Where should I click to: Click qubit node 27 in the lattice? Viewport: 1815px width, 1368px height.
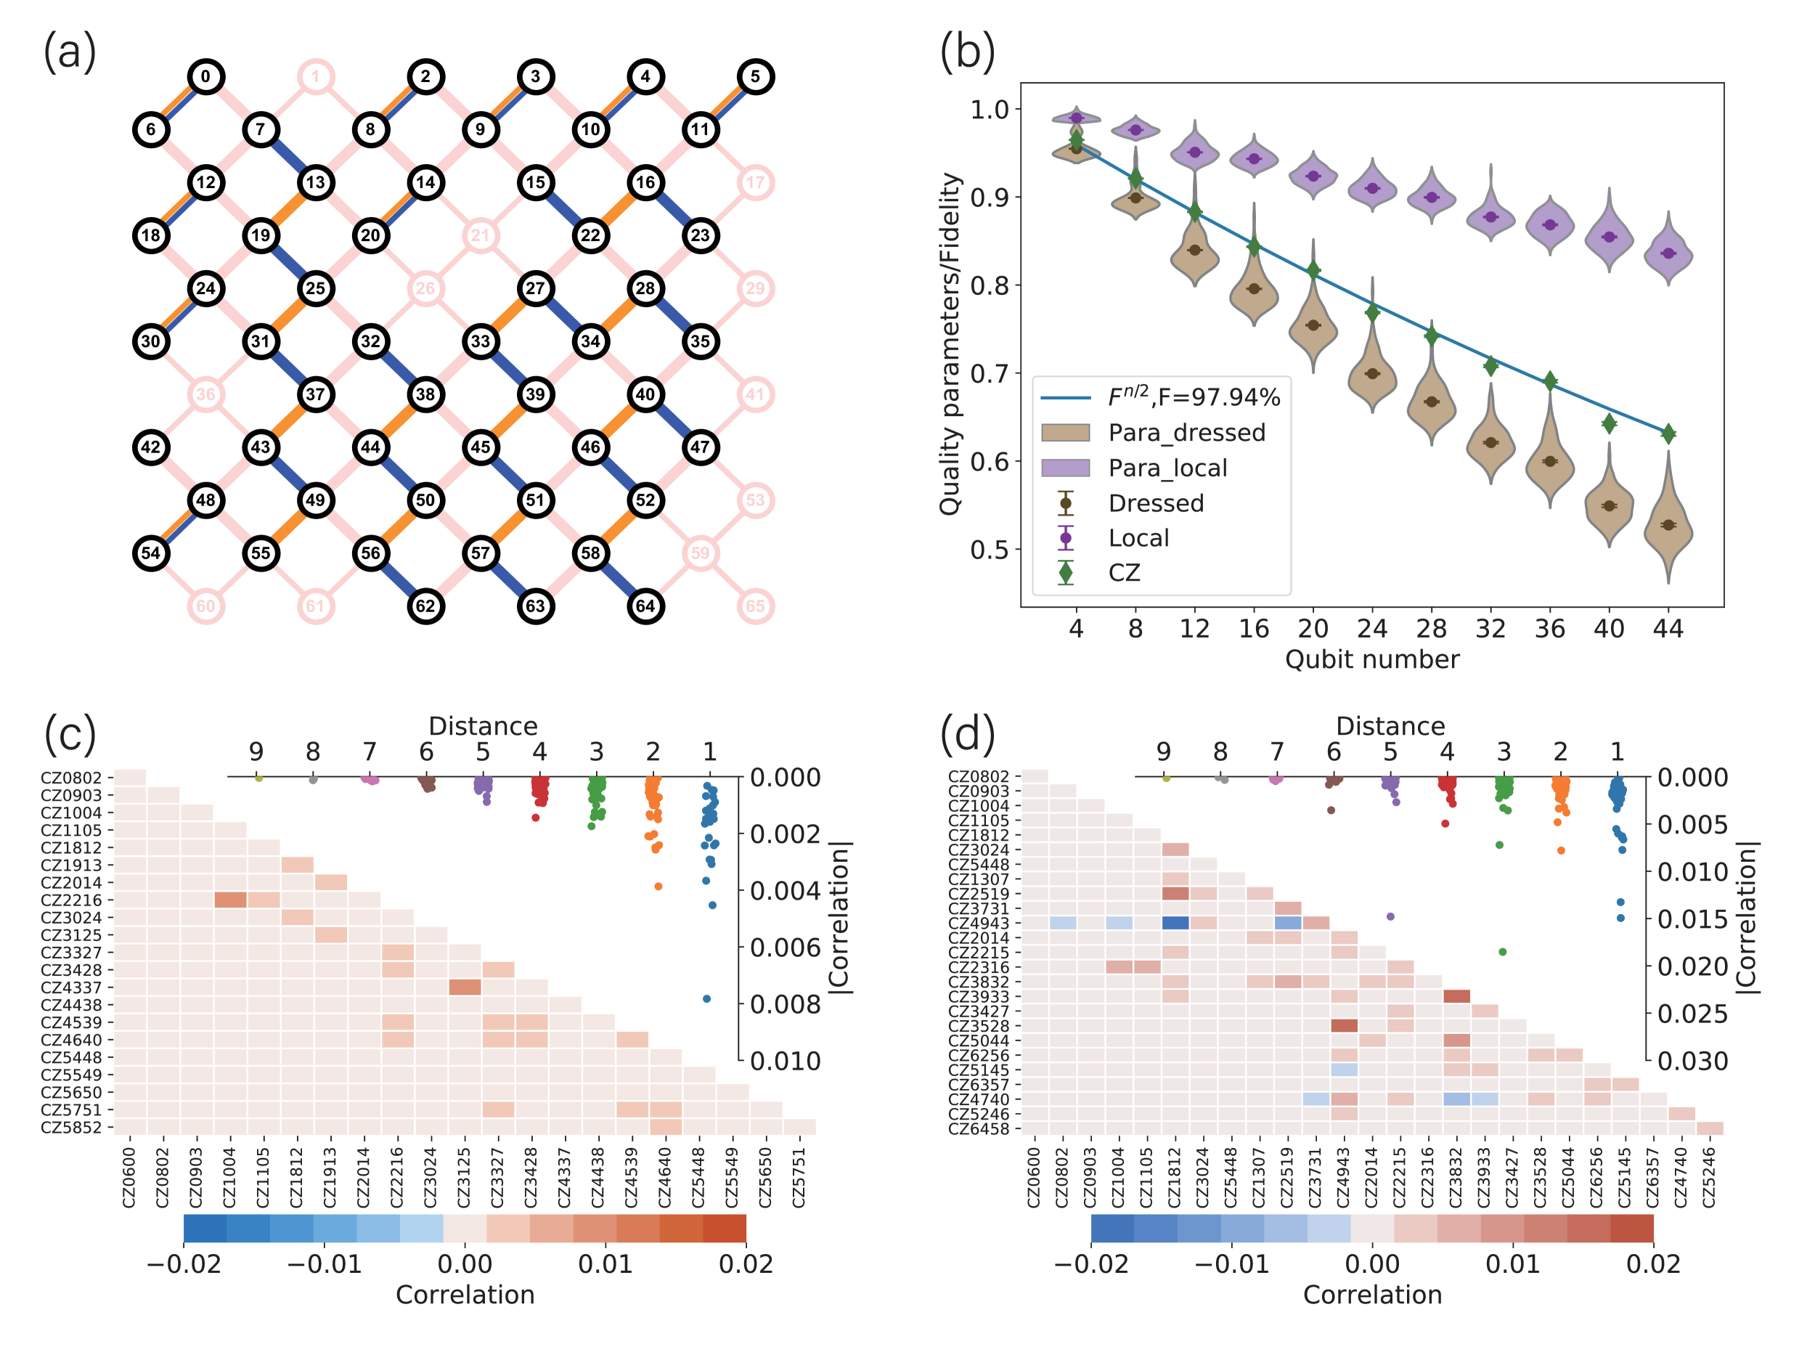tap(535, 288)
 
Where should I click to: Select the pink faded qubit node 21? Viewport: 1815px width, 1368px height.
tap(480, 235)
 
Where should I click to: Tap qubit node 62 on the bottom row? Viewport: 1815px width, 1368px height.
tap(425, 606)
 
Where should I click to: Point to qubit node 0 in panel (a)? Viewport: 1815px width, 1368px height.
tap(205, 76)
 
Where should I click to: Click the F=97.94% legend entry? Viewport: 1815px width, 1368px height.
tap(1193, 397)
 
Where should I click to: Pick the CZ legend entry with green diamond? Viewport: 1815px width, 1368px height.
tap(1123, 573)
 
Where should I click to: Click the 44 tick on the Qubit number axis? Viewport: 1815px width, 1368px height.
tap(1668, 629)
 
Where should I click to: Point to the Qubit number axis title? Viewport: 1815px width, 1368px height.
tap(1372, 660)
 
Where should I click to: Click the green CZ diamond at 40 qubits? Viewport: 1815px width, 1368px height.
tap(1609, 423)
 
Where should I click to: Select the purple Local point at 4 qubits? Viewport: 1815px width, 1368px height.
tap(1077, 118)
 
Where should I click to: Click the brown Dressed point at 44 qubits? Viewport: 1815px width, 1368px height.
tap(1668, 525)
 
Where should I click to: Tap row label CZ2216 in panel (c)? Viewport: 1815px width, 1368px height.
tap(71, 900)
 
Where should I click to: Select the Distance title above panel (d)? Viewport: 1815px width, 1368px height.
tap(1390, 726)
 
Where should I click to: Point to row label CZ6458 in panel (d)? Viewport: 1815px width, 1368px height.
tap(978, 1128)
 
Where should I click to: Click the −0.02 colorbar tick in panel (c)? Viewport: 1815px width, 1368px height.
tap(184, 1263)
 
